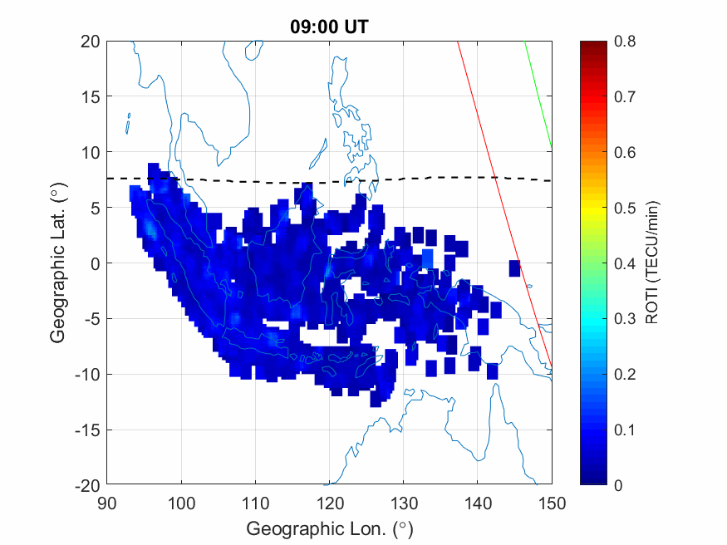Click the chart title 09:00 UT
(328, 27)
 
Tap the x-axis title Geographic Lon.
(329, 528)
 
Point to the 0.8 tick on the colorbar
(624, 42)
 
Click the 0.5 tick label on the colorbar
(624, 208)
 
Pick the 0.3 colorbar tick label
(624, 319)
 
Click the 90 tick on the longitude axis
(106, 503)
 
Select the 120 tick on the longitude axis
(330, 503)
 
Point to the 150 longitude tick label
(553, 503)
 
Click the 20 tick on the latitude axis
(91, 42)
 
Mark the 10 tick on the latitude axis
(91, 152)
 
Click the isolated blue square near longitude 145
(514, 268)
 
